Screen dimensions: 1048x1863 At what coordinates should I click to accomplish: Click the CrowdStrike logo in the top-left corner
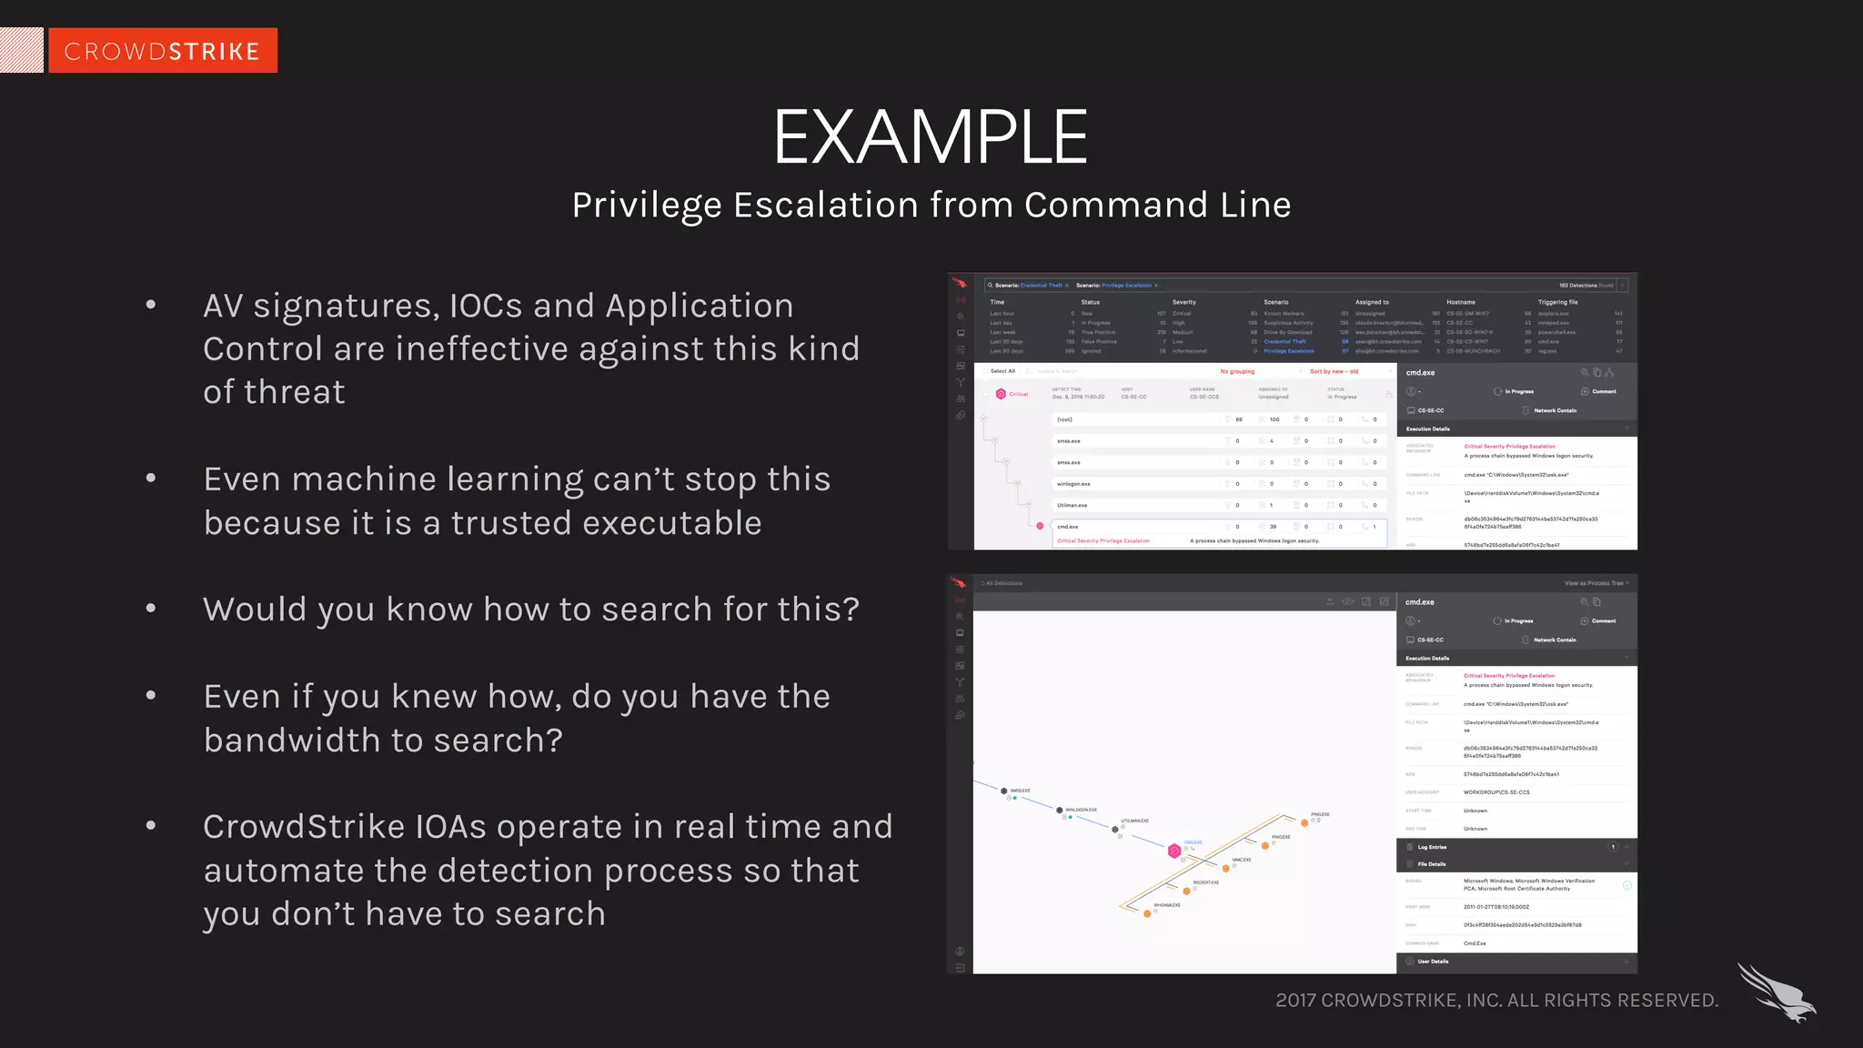point(162,51)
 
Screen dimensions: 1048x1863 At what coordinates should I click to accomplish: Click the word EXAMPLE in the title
point(930,137)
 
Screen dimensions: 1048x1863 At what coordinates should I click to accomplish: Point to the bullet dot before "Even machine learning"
point(151,478)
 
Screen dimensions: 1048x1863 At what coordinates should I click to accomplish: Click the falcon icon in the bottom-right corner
point(1775,993)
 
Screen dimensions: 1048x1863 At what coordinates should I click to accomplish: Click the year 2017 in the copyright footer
point(1294,1001)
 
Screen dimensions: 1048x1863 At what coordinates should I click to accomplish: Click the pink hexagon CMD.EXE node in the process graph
point(1173,851)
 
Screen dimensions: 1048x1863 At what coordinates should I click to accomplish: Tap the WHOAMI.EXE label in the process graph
point(1166,905)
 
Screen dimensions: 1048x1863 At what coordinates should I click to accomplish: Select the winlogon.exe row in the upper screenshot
point(1073,484)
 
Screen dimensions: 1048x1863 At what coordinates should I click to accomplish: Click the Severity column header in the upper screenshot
point(1183,302)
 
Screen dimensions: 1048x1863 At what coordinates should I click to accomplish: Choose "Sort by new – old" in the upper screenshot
point(1334,371)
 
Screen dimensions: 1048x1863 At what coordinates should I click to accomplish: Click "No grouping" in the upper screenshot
point(1236,371)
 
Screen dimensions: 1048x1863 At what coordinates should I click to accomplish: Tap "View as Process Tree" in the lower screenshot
point(1593,583)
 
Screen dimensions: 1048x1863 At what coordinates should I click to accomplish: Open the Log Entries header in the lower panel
point(1432,847)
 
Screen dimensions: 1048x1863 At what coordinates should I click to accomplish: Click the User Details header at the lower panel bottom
point(1433,962)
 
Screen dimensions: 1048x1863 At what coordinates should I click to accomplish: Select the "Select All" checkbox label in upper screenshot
point(1002,371)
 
